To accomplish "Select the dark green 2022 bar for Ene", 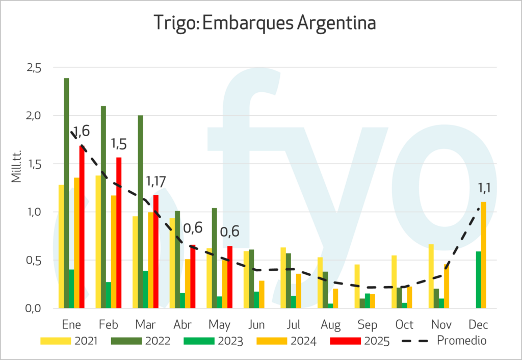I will point(66,193).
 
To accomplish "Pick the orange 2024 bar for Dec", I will point(484,255).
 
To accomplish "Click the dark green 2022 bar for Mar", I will point(140,212).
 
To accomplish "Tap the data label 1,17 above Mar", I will point(156,181).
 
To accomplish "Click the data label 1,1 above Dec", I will point(484,188).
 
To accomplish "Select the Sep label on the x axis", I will point(368,325).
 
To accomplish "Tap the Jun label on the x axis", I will point(256,325).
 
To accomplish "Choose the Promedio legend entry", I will point(444,340).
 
